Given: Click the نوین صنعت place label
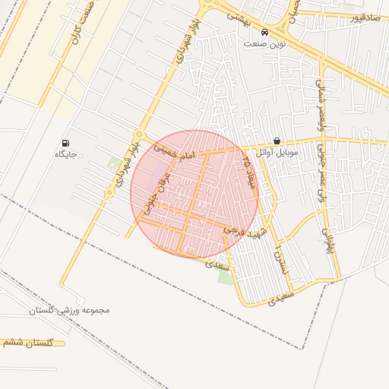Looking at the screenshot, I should click(x=264, y=44).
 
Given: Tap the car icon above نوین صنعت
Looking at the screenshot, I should click(x=264, y=33).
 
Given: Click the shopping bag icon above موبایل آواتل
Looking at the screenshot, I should click(x=277, y=141).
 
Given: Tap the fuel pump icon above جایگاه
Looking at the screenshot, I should click(x=67, y=143).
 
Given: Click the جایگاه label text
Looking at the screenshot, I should click(x=67, y=154).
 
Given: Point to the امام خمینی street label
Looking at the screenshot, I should click(x=175, y=152).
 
